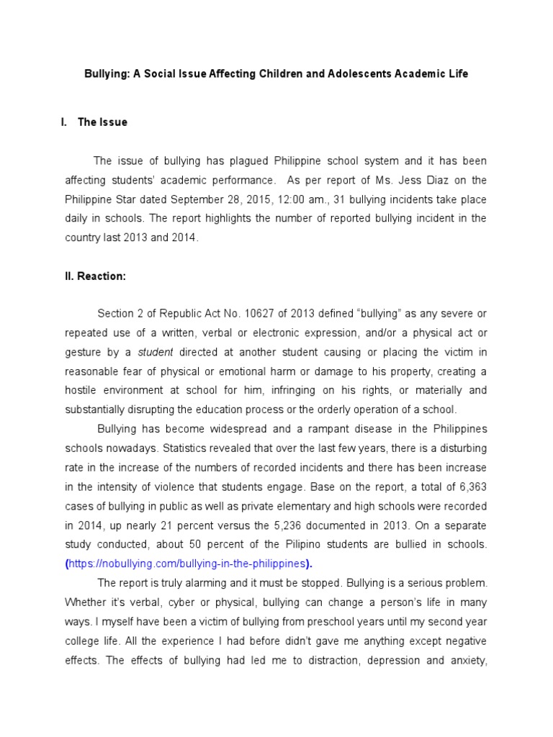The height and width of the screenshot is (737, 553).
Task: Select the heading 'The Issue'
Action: point(102,122)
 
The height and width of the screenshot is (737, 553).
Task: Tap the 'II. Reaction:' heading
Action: point(95,276)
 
